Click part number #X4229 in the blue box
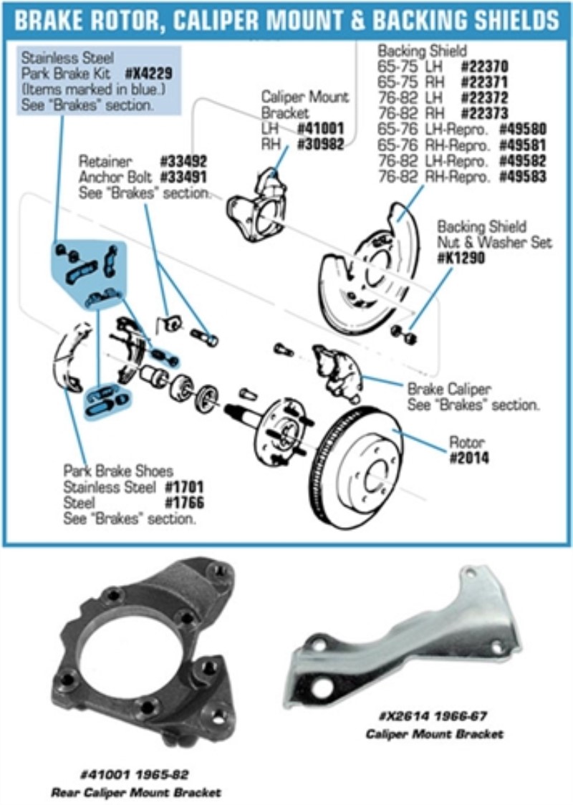coord(149,74)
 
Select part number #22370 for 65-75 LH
coord(485,66)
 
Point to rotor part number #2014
coord(469,458)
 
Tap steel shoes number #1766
coord(184,503)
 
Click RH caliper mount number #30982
coord(320,144)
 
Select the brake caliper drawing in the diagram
coord(337,368)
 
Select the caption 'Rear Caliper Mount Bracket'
coord(136,792)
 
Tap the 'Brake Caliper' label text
coord(449,390)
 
